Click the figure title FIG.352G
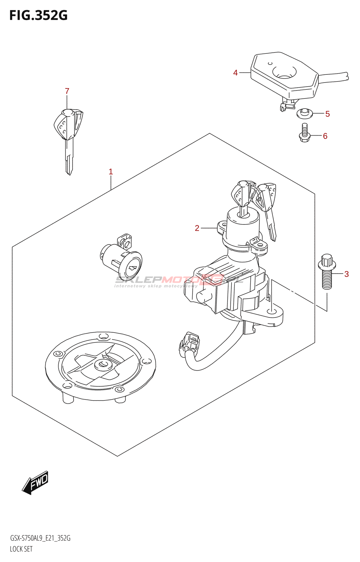[38, 15]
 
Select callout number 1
[111, 172]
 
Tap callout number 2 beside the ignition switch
[197, 228]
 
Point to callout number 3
[346, 274]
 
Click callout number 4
[235, 73]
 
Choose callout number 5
[327, 114]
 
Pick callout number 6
[325, 136]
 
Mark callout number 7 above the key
[67, 91]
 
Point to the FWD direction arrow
[36, 483]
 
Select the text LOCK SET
[21, 549]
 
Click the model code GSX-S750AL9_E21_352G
[40, 538]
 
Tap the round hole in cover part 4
[284, 72]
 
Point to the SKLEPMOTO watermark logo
[179, 280]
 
